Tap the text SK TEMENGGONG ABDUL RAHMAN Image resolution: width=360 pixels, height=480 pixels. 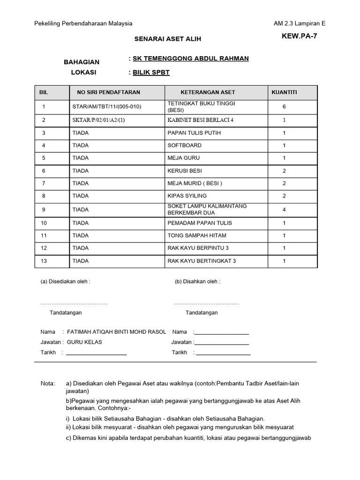191,59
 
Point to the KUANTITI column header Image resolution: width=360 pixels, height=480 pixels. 284,92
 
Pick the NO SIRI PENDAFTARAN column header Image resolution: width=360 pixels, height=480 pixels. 105,92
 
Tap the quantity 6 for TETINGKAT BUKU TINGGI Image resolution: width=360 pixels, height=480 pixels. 284,107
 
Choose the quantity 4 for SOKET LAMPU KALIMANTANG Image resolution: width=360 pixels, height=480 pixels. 284,210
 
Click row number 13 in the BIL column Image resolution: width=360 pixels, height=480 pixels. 44,261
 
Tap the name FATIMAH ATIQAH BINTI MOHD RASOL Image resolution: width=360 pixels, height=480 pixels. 117,332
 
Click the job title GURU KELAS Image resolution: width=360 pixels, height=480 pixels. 84,342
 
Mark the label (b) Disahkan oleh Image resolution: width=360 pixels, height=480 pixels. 197,282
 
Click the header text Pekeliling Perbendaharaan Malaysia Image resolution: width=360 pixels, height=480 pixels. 84,23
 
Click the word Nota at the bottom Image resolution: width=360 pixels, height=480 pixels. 48,383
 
